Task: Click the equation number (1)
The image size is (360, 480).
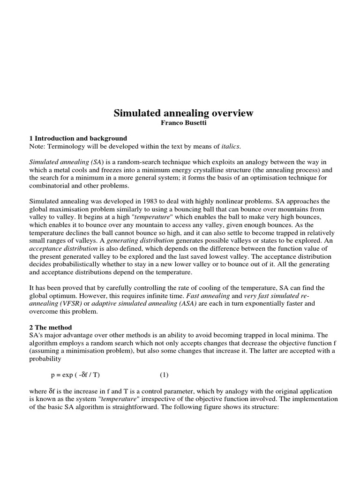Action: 164,375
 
